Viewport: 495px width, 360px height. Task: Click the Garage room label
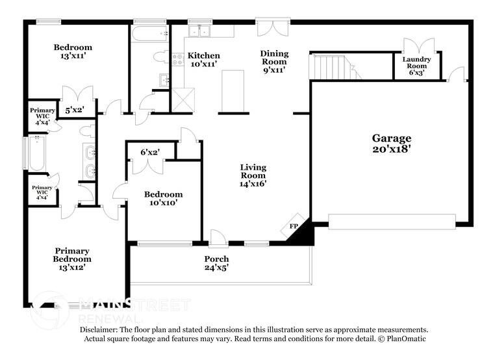click(x=391, y=143)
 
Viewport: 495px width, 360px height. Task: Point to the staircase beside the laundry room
click(x=332, y=67)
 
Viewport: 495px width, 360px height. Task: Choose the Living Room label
click(x=253, y=175)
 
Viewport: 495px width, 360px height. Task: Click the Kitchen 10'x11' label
click(x=203, y=60)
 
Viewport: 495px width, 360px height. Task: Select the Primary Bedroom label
click(x=72, y=259)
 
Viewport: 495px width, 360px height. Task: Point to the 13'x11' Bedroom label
click(x=72, y=51)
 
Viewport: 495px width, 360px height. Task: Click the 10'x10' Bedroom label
click(x=162, y=198)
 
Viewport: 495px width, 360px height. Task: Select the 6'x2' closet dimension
click(x=150, y=152)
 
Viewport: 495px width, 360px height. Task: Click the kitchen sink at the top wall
click(x=200, y=30)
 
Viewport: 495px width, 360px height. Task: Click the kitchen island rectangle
click(x=232, y=92)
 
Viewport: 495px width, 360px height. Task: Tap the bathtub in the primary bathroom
click(x=36, y=153)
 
